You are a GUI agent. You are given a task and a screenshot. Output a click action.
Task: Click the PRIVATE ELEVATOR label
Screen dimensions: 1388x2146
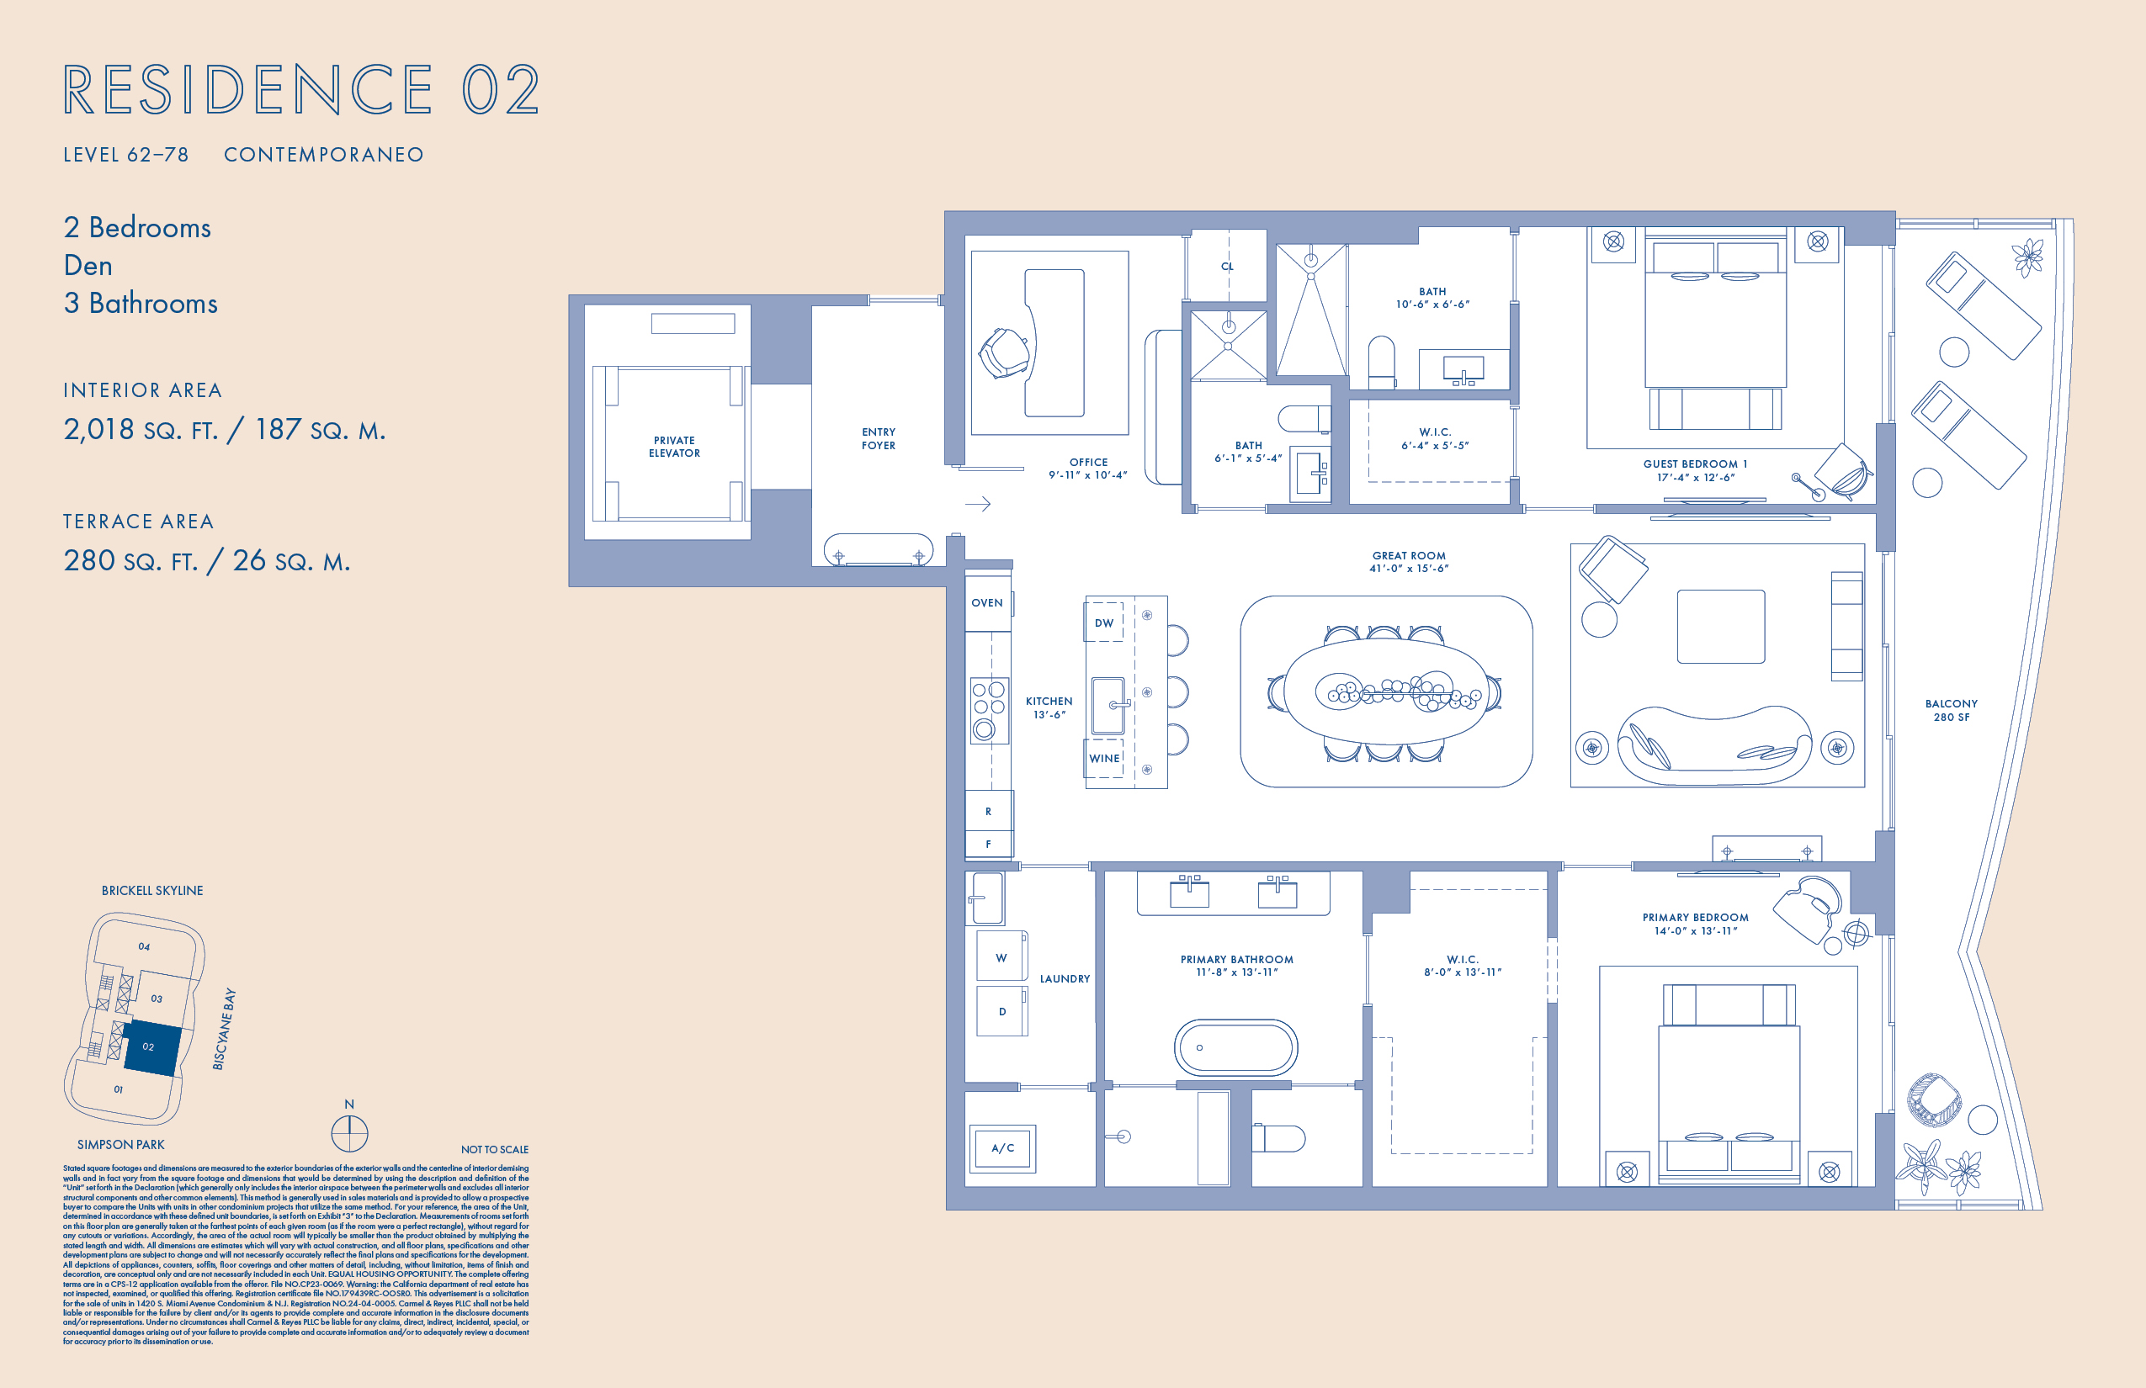pos(673,447)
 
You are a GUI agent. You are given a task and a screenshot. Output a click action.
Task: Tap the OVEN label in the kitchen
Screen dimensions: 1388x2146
pos(986,603)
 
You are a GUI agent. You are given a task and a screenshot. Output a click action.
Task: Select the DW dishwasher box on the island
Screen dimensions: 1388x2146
pos(1103,622)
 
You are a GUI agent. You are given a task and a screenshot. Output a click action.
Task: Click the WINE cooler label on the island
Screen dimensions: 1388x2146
pos(1103,758)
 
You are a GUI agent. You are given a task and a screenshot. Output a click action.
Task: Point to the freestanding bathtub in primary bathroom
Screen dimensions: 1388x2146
pos(1235,1047)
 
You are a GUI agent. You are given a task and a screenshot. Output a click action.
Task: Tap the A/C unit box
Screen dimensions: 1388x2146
pos(1002,1148)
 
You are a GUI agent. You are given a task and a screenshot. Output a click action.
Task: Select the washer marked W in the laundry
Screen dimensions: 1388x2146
pos(1001,957)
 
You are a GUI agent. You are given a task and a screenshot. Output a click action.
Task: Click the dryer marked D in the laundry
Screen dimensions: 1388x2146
pos(1001,1011)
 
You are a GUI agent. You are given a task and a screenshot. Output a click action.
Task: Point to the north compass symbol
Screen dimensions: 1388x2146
pos(349,1132)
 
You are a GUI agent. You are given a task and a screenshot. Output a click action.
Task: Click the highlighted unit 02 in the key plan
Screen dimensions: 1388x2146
pos(151,1047)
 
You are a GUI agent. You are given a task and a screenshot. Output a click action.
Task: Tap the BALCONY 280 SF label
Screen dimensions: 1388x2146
pos(1952,710)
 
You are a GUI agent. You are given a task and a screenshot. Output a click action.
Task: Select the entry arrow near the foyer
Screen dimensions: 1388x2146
pos(978,504)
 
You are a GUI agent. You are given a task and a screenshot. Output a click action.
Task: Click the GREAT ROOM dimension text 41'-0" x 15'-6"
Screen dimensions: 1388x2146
pos(1409,569)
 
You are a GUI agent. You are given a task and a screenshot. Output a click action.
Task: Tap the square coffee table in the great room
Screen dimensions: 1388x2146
pos(1720,627)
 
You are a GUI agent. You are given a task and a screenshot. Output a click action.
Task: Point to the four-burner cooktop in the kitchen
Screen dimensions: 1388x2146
pos(988,709)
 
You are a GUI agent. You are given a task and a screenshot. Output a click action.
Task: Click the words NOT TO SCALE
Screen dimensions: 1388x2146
pos(494,1149)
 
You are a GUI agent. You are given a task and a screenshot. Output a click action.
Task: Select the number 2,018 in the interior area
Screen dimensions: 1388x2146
pos(98,430)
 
